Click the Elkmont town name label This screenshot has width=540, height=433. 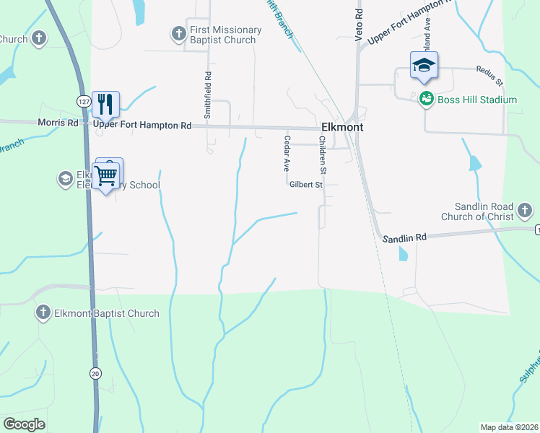tap(341, 127)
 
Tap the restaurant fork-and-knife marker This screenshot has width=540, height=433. tap(106, 103)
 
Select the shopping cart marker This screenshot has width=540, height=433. tap(107, 174)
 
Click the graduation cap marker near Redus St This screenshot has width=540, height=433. tap(424, 65)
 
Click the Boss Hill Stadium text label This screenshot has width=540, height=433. tap(477, 100)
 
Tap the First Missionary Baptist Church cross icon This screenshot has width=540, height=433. tap(178, 34)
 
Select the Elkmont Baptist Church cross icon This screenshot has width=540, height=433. tap(43, 313)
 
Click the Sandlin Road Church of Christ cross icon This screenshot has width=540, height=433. tap(525, 211)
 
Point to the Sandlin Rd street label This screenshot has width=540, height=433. tap(405, 237)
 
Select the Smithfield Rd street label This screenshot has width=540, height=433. tap(208, 95)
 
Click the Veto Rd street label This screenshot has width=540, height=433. tap(357, 27)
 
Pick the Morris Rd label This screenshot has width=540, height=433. tap(58, 123)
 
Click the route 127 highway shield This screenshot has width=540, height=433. tap(84, 102)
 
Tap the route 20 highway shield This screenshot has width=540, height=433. tap(95, 372)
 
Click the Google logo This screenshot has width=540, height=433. tap(24, 424)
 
